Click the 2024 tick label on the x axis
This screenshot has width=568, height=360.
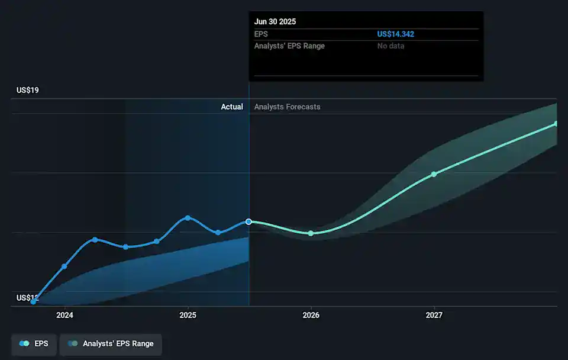[x=64, y=315]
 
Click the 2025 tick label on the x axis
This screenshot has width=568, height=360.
[x=188, y=315]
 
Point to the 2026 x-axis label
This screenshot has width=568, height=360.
[x=311, y=315]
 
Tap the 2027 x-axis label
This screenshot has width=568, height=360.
[x=434, y=315]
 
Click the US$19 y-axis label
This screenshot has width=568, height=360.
[x=27, y=90]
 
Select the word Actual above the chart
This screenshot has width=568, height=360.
[x=232, y=107]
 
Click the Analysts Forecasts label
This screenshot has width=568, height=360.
[x=287, y=107]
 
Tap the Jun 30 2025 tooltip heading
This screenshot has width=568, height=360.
[x=275, y=21]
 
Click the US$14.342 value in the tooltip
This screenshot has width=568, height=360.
[x=395, y=34]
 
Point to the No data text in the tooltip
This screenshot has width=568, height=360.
[x=390, y=46]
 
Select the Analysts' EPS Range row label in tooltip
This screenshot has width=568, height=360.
[x=289, y=46]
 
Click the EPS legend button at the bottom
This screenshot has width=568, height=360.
[x=34, y=343]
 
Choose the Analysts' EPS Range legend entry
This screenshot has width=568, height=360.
[x=111, y=343]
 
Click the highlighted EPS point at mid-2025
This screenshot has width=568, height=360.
[x=249, y=221]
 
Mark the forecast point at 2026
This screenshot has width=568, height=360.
[x=311, y=233]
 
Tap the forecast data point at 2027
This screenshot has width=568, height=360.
[x=434, y=174]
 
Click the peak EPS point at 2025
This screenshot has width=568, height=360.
[x=188, y=218]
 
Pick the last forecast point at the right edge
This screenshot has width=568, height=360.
[x=556, y=124]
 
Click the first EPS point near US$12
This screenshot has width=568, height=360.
[x=34, y=301]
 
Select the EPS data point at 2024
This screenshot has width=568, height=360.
[x=64, y=266]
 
